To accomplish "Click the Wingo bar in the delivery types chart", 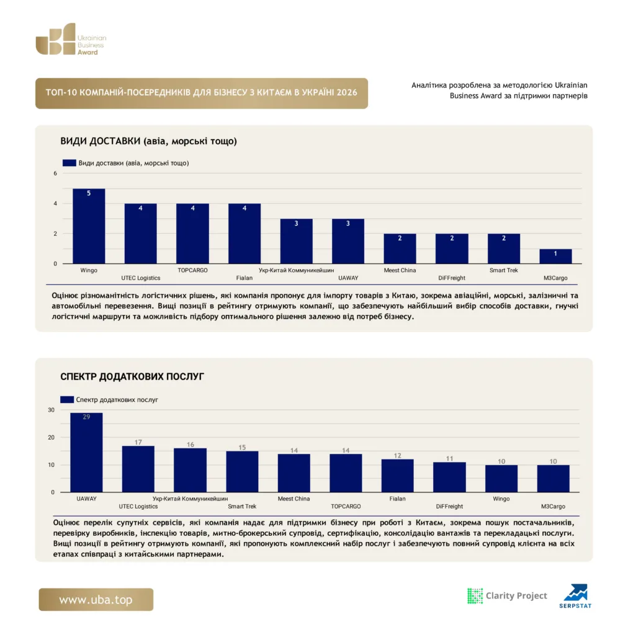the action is tap(89, 226).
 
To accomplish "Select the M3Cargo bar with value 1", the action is tap(555, 256).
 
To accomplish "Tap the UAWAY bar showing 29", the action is tap(86, 452).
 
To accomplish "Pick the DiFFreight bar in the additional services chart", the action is tap(449, 477).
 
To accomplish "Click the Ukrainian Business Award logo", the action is tap(71, 39).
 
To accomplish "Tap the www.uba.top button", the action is tap(96, 600).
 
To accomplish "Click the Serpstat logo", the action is tap(576, 596).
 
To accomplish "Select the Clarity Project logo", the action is tap(507, 596).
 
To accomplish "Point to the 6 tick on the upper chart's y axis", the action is tap(55, 174).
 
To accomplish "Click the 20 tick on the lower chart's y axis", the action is tap(51, 437).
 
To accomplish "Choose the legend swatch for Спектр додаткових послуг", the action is tap(67, 400).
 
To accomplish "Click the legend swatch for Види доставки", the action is tap(69, 163).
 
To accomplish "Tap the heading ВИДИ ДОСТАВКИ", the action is tap(148, 141).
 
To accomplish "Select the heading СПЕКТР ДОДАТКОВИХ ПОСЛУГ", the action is tap(132, 376).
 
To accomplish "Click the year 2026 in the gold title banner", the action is tap(347, 92).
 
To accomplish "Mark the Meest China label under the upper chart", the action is tap(400, 270).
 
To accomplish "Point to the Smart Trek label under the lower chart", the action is tap(242, 506).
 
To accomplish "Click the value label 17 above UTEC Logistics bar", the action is tap(138, 442).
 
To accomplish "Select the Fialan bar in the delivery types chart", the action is tap(244, 234).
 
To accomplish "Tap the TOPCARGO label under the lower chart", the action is tap(346, 506).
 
